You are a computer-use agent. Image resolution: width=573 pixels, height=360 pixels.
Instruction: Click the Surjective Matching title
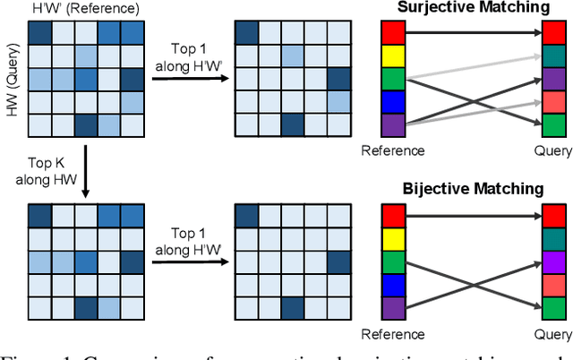[x=474, y=9]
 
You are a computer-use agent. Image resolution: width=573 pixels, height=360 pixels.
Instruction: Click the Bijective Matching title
[x=474, y=188]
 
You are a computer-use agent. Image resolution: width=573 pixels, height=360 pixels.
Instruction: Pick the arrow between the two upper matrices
[x=189, y=79]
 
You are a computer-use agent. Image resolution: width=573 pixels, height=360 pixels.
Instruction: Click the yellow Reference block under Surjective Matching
[x=394, y=56]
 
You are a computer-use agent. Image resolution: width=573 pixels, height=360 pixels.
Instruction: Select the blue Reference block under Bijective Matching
[x=394, y=283]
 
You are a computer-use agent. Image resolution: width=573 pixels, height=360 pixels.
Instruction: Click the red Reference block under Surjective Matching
[x=394, y=34]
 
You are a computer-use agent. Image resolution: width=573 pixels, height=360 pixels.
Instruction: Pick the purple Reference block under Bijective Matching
[x=394, y=305]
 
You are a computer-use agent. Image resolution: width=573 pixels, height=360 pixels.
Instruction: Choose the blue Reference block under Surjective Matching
[x=394, y=101]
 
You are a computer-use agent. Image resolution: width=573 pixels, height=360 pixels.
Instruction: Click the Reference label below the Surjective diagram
[x=394, y=150]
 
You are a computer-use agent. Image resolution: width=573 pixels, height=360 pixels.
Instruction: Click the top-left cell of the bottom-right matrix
[x=245, y=217]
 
